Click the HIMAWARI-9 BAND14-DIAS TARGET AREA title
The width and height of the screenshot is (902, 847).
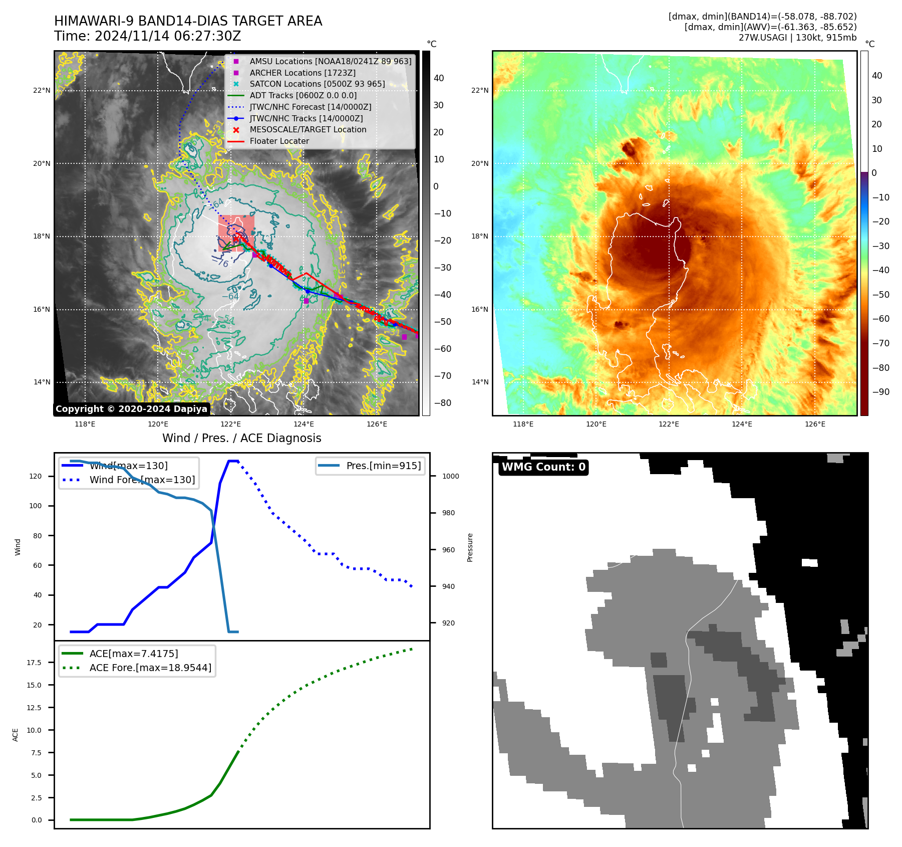(188, 21)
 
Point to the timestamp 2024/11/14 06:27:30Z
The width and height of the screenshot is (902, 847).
(168, 36)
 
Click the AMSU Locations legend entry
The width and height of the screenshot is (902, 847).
(330, 61)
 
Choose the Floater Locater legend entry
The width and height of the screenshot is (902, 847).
(279, 141)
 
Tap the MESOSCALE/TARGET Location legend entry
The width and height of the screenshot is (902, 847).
(308, 129)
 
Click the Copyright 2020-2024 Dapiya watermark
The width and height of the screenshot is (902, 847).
(131, 409)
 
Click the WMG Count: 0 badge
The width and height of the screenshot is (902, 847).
(543, 467)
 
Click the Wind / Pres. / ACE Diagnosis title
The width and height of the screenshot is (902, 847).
(241, 438)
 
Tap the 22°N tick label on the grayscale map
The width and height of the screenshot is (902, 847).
(42, 91)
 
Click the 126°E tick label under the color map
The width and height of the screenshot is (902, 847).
(815, 424)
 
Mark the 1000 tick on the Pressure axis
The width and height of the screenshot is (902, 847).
(450, 476)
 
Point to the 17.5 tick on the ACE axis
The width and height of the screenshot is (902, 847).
(34, 663)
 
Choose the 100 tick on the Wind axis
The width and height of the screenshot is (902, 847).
(36, 506)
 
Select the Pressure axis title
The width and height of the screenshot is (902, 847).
(470, 547)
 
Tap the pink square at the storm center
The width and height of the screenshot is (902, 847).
(236, 233)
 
